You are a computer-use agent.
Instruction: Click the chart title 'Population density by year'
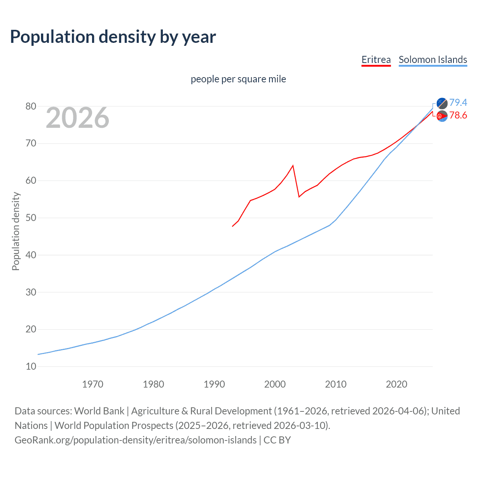(113, 37)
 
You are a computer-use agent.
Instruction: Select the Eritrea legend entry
(376, 60)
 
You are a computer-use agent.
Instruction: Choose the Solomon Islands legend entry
(433, 60)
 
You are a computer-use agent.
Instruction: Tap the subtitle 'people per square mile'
(238, 79)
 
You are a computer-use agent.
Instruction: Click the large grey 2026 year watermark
(78, 118)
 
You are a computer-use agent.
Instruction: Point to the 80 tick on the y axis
(31, 106)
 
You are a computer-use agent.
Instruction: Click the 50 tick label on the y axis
(31, 218)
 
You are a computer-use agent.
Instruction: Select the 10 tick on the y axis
(31, 366)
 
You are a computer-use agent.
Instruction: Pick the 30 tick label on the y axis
(31, 292)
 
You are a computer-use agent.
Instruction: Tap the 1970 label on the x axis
(92, 384)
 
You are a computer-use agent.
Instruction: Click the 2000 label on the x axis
(275, 384)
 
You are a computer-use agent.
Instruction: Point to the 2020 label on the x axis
(396, 384)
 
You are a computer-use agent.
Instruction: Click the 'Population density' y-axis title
(16, 231)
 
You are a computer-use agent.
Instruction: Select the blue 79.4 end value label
(458, 102)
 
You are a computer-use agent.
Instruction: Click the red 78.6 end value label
(458, 116)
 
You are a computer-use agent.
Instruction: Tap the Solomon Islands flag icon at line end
(442, 103)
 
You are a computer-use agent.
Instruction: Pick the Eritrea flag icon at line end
(442, 116)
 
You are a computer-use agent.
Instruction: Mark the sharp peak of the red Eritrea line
(293, 165)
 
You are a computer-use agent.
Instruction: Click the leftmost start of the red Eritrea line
(233, 226)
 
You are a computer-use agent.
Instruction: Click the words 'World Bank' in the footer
(99, 411)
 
